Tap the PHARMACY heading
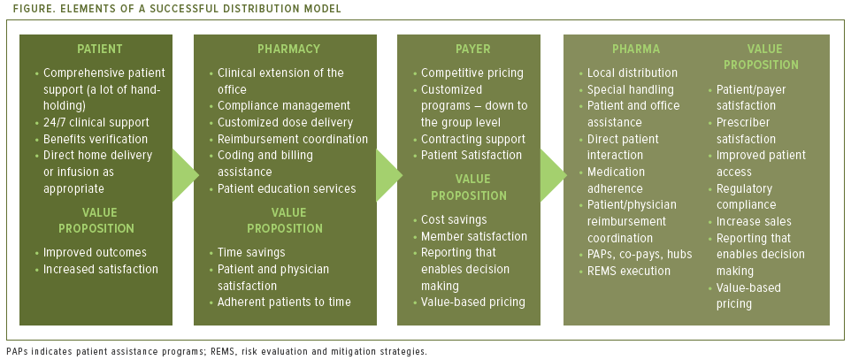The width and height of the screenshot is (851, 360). [x=288, y=50]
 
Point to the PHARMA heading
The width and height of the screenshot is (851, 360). [x=636, y=50]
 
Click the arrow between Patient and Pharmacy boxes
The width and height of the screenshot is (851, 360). [x=183, y=169]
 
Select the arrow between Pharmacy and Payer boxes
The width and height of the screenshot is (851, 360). [x=387, y=169]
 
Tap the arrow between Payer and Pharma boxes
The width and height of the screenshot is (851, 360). [x=552, y=169]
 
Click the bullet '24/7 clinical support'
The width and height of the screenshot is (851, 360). [x=96, y=122]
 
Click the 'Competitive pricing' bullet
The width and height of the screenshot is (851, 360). [x=472, y=73]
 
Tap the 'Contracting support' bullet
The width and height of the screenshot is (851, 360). [x=473, y=139]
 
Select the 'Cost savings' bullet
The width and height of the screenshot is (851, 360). [x=454, y=219]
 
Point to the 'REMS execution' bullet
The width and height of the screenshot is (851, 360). [x=629, y=271]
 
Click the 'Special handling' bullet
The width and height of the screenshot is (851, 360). [x=631, y=89]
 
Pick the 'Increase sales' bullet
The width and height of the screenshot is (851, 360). [x=754, y=221]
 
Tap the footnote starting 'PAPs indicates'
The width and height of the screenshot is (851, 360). [x=217, y=351]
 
